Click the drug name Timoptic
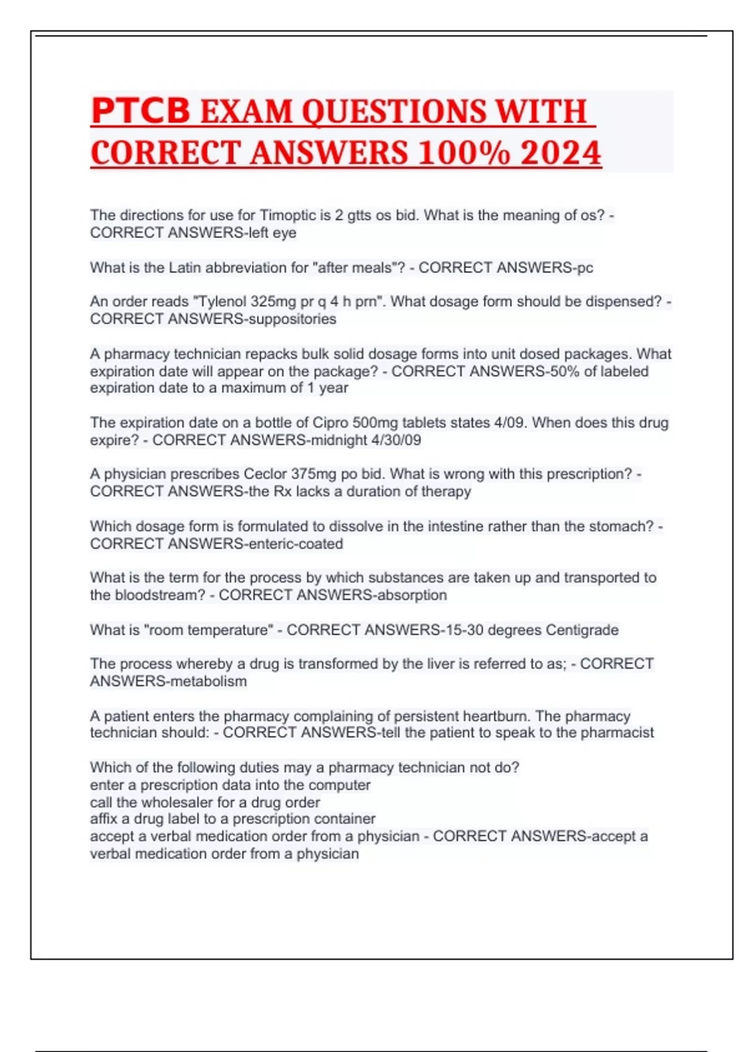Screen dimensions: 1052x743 tap(288, 215)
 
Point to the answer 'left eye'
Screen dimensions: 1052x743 tap(272, 233)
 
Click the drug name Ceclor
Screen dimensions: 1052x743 tap(265, 474)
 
